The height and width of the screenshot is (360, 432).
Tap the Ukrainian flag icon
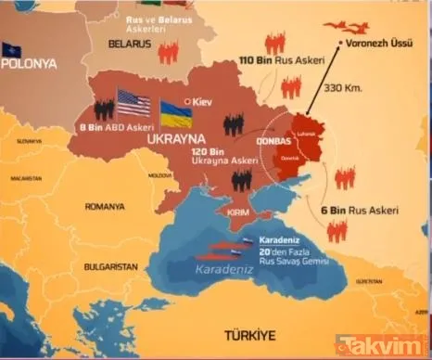tap(176, 113)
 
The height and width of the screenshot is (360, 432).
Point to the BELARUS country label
tap(131, 44)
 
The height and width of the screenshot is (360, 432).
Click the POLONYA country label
tap(30, 63)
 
